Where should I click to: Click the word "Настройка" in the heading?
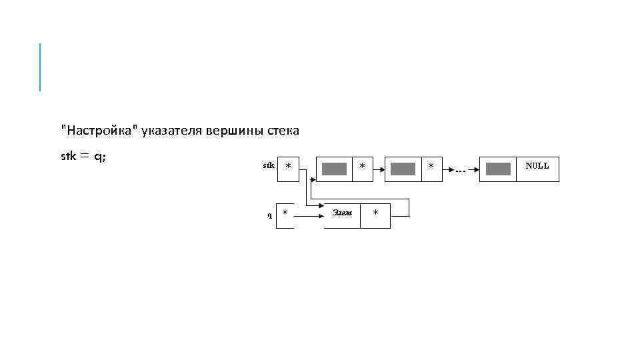point(100,131)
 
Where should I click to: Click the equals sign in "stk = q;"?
point(85,157)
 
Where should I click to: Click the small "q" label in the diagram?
point(269,215)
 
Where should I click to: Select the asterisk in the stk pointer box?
point(287,166)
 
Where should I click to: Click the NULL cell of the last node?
point(537,166)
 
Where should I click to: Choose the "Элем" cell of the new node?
point(342,213)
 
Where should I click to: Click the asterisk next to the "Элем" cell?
point(375,213)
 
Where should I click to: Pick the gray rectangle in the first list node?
point(334,169)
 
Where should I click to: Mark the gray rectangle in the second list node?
point(403,169)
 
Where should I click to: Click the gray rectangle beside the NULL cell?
point(498,169)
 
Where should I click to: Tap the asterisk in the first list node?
point(362,165)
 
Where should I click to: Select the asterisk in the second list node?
point(431,165)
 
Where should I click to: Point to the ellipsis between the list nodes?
point(461,171)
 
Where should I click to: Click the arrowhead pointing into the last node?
point(477,169)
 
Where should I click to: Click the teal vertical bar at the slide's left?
point(40,67)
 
